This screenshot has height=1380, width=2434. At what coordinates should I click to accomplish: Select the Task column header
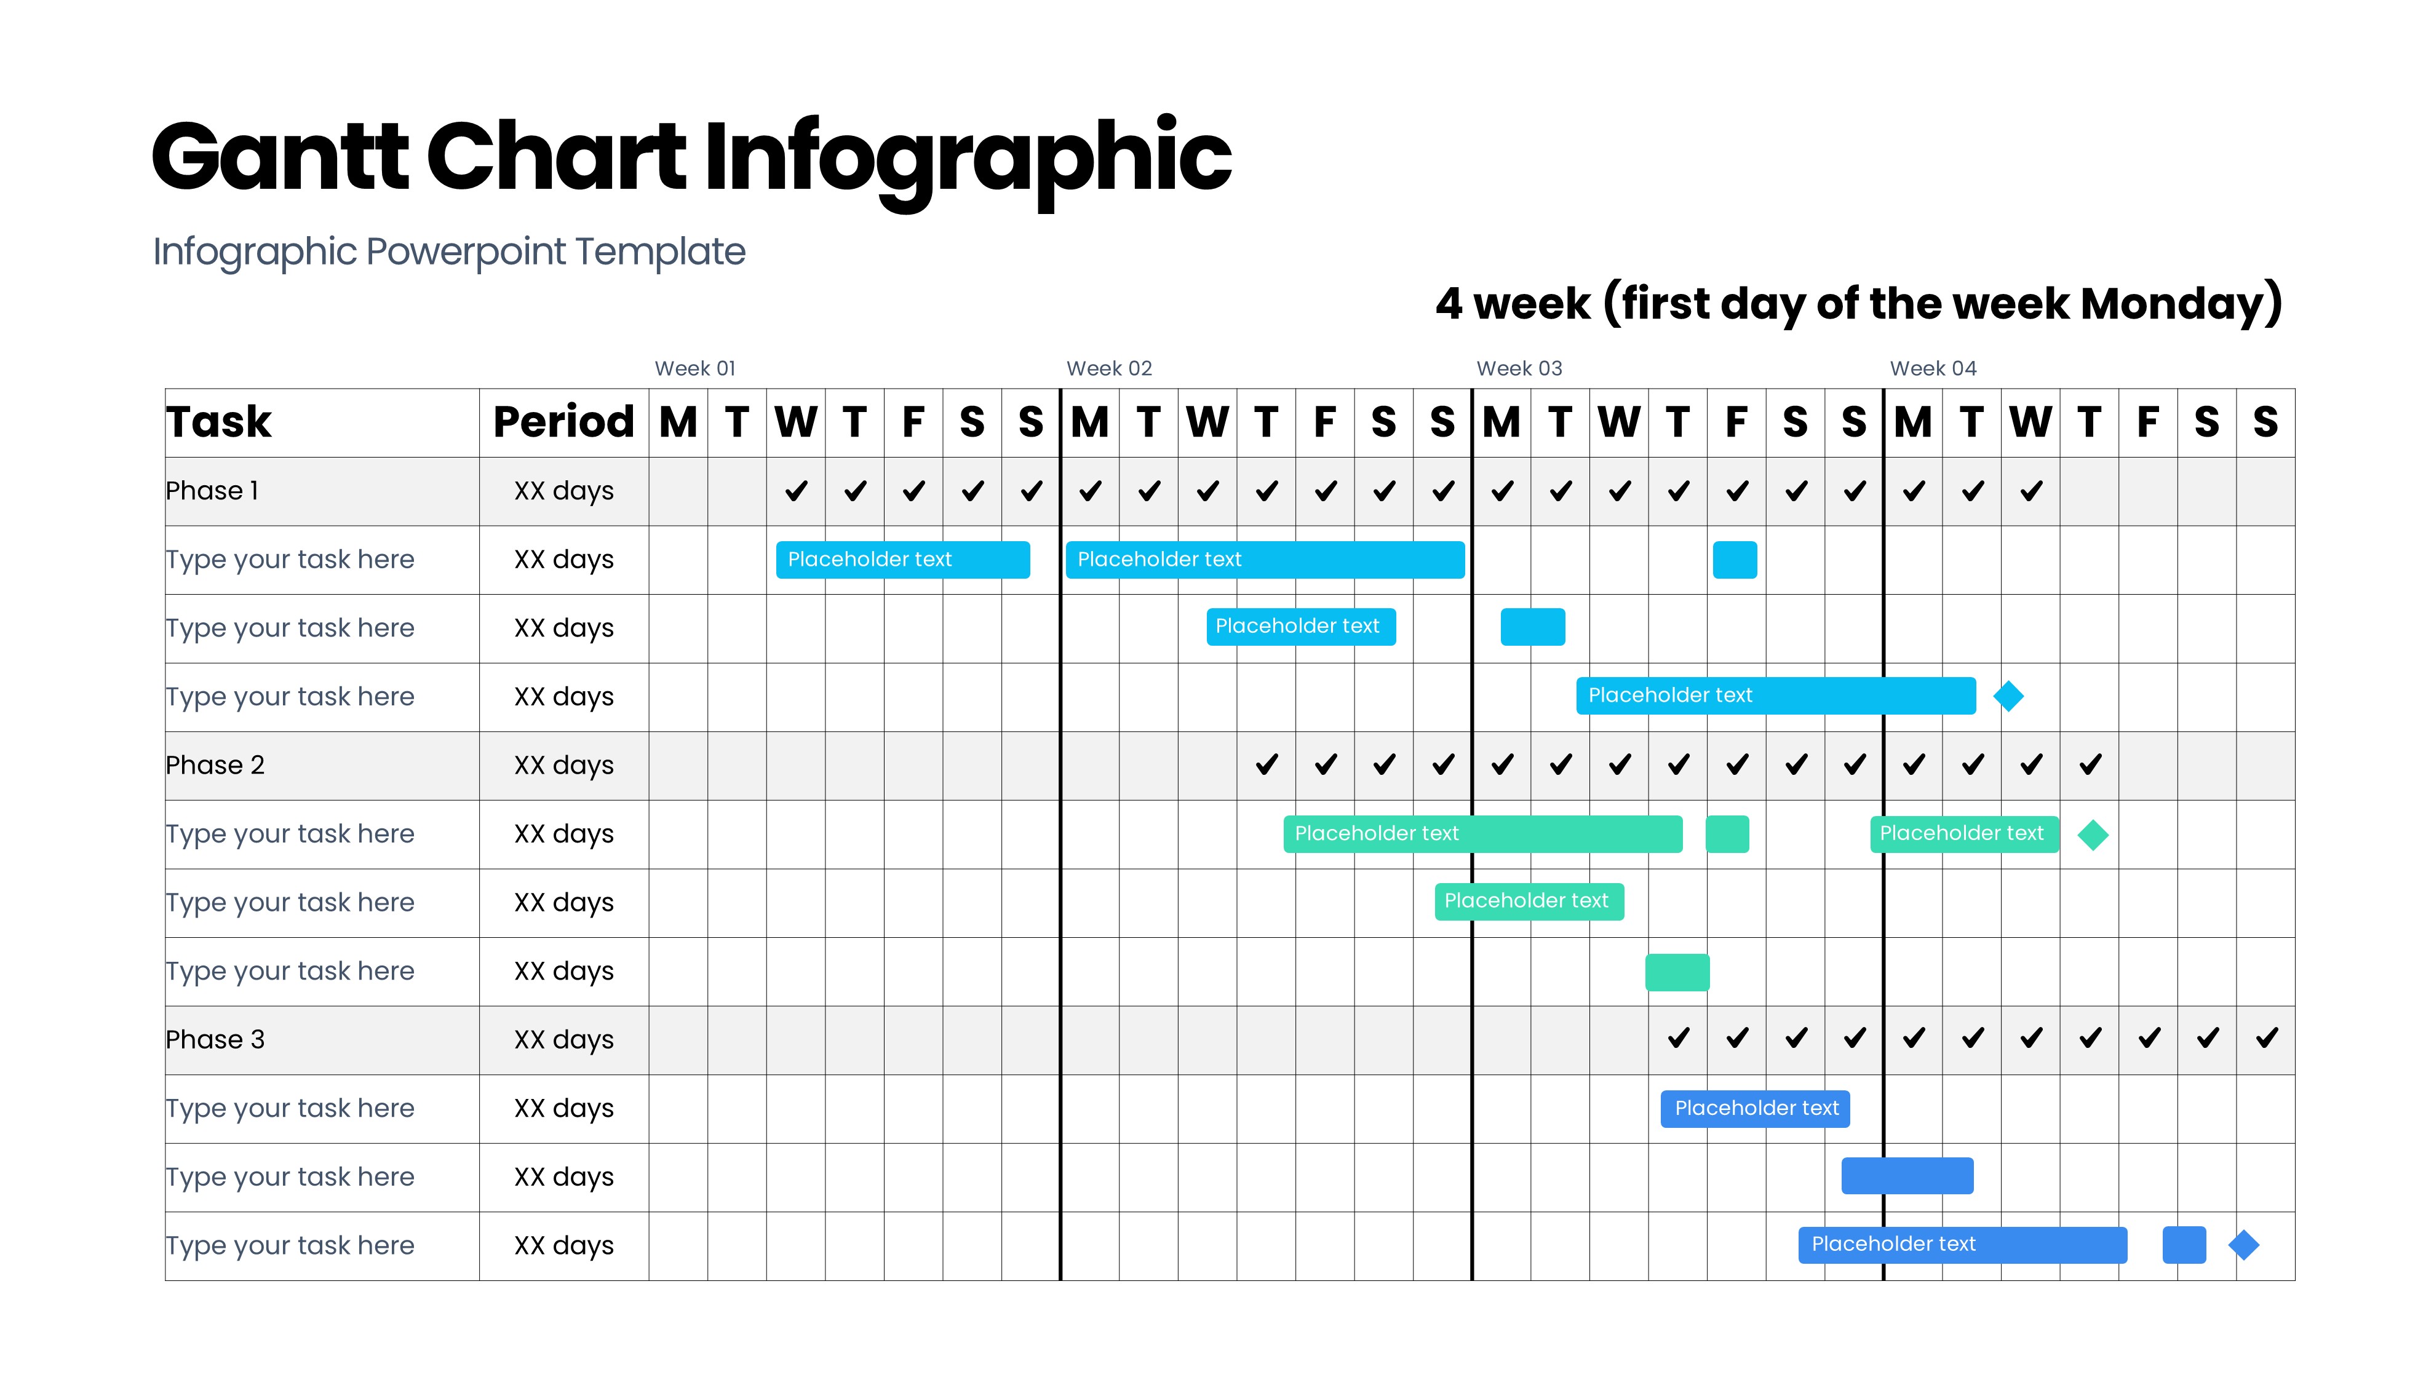pos(219,422)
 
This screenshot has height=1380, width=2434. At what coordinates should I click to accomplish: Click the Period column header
pos(564,422)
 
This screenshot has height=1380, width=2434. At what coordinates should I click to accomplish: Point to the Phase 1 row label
pos(212,490)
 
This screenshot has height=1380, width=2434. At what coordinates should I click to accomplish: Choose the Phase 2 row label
pos(215,765)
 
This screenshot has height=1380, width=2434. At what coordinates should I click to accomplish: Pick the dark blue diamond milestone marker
pos(2243,1245)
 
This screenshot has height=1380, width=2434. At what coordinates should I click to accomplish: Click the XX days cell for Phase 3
pos(564,1040)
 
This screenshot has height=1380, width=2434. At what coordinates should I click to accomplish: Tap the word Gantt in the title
pos(280,156)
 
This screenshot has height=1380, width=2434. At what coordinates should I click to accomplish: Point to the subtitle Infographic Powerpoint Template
pos(449,252)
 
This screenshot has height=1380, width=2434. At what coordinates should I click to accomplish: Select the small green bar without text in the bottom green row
pos(1677,972)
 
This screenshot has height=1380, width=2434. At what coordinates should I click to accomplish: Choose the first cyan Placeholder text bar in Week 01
pos(902,559)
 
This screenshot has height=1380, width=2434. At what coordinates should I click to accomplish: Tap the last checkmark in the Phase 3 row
pos(2266,1038)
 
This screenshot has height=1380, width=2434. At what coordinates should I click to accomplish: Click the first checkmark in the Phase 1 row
pos(796,491)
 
